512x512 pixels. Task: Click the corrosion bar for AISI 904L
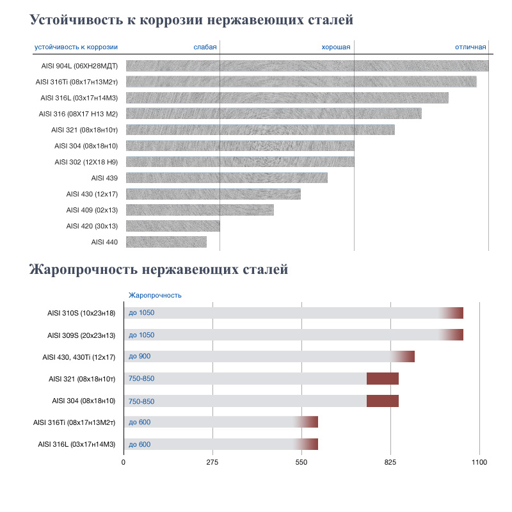tap(307, 66)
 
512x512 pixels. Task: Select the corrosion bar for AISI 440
tap(166, 242)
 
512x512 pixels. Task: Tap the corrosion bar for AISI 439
tap(227, 178)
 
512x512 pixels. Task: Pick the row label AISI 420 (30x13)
tap(92, 226)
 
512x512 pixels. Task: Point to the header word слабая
tap(205, 47)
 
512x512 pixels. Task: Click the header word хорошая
tap(335, 47)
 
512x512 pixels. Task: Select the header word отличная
tap(470, 47)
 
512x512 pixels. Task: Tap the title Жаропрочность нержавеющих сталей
tap(159, 269)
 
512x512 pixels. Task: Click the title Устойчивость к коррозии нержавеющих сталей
tap(191, 20)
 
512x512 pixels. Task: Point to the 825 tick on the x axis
tap(391, 462)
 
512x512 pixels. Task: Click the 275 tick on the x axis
tap(213, 462)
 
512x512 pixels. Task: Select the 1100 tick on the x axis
tap(479, 462)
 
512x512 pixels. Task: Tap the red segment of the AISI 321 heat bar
tap(383, 379)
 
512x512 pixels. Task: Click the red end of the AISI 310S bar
tap(454, 313)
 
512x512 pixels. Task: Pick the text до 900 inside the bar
tap(140, 356)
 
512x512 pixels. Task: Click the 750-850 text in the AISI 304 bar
tap(141, 401)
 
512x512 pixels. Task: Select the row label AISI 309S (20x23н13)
tap(81, 335)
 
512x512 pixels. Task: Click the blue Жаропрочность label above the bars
tap(155, 295)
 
